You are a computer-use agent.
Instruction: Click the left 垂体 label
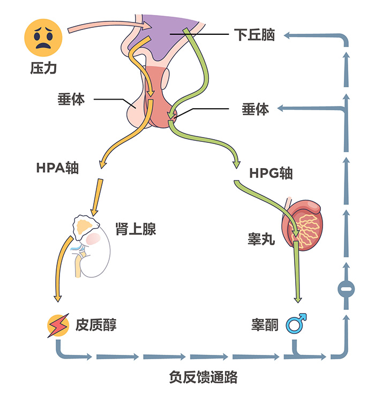click(71, 99)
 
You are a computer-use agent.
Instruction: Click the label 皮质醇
click(96, 324)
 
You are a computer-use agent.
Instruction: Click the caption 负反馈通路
click(203, 376)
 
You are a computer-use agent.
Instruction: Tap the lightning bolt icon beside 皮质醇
click(57, 325)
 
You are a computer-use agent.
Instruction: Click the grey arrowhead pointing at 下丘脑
click(288, 35)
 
